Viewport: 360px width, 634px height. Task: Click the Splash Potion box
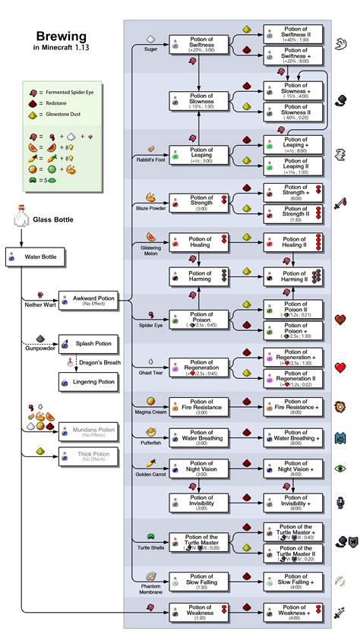pos(89,344)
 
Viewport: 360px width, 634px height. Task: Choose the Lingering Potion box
pos(89,382)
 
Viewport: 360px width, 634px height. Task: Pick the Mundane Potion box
pos(89,433)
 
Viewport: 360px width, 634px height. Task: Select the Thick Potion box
pos(89,456)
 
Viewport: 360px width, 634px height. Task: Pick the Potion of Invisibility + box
pos(293,502)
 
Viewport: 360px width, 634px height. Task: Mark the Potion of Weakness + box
pos(293,611)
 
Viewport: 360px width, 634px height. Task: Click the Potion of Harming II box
pos(293,276)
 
